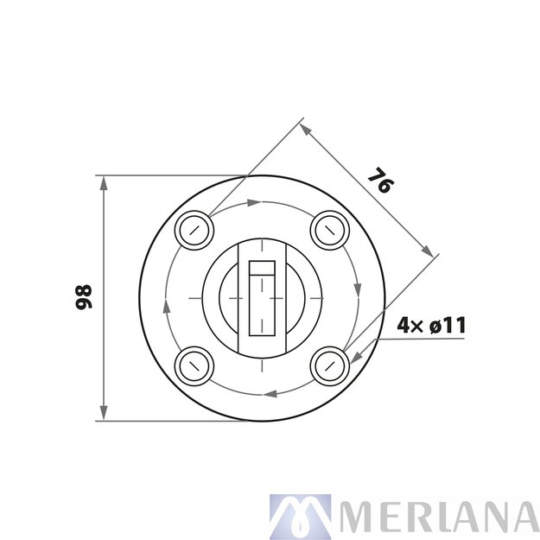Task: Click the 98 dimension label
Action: [x=83, y=297]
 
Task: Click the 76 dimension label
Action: [x=378, y=181]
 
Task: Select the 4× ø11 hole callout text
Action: [x=431, y=326]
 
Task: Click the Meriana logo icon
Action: [x=300, y=517]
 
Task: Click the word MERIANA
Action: [x=438, y=517]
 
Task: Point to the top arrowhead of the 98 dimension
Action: [x=104, y=182]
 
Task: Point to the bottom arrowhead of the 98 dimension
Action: [x=104, y=415]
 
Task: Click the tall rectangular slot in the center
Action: [x=262, y=297]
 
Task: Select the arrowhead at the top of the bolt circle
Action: [x=253, y=203]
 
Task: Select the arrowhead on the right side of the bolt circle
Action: [x=356, y=289]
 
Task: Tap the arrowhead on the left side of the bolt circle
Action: [x=167, y=306]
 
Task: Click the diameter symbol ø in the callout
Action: [x=435, y=326]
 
